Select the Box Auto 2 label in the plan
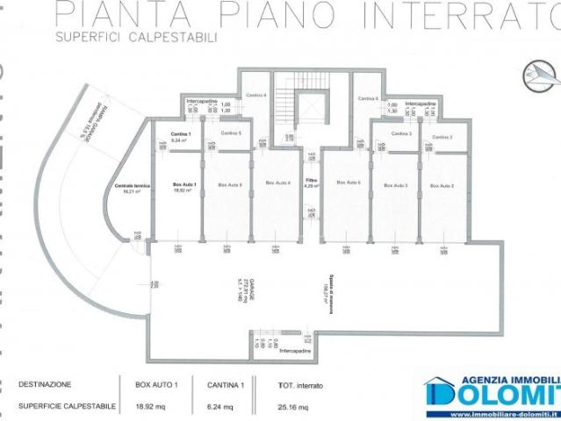pos(442,186)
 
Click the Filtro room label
pos(311,183)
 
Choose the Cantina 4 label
pos(255,95)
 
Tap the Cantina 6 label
pos(370,98)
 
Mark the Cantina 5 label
pos(231,132)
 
